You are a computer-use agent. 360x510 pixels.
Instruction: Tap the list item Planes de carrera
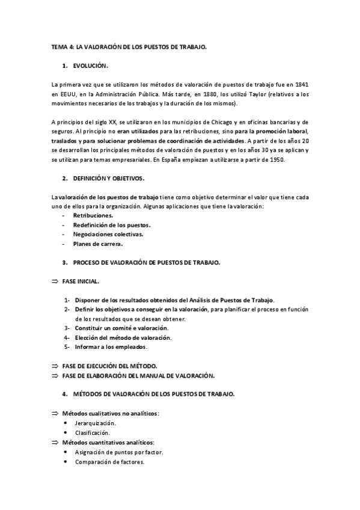click(97, 244)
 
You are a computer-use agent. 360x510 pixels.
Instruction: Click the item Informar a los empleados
click(111, 347)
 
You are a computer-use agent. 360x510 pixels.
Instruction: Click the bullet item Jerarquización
click(96, 423)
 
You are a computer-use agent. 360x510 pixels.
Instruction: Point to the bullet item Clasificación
click(92, 432)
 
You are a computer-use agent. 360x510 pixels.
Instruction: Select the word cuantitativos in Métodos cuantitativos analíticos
click(105, 442)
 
